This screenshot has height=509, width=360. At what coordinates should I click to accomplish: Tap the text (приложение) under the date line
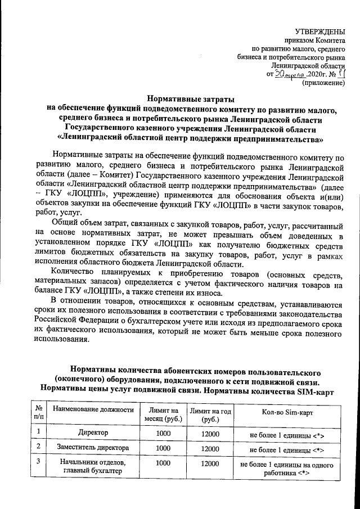pos(323,83)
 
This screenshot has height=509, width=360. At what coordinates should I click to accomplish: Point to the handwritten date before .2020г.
pos(290,74)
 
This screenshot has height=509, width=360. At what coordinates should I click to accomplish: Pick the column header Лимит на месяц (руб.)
pos(163,415)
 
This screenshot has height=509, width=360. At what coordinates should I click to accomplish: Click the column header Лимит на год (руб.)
pos(210,415)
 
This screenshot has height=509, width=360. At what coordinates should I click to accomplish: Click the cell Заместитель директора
pos(93,448)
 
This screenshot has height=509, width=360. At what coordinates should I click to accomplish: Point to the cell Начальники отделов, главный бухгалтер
pos(93,467)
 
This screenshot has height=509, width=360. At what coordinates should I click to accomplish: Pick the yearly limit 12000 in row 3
pos(210,462)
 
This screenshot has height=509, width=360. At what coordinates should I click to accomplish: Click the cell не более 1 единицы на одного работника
pos(286,469)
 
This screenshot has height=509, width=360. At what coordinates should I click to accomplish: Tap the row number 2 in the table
pos(38,448)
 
